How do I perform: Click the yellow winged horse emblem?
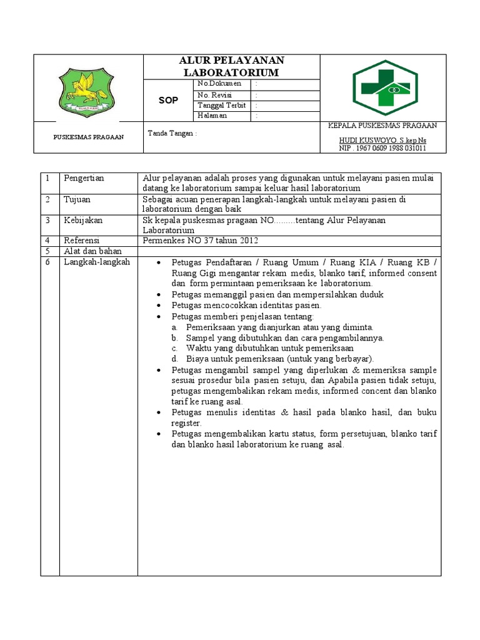click(87, 93)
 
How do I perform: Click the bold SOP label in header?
click(168, 100)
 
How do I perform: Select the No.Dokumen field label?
click(219, 84)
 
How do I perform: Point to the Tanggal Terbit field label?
click(222, 105)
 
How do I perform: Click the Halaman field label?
click(212, 116)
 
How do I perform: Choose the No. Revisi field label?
click(214, 94)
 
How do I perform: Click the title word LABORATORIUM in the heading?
click(231, 73)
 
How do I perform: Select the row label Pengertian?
click(84, 178)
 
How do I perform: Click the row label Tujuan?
click(77, 199)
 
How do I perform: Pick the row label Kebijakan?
click(82, 221)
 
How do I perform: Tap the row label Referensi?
click(82, 241)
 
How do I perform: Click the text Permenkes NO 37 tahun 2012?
click(200, 241)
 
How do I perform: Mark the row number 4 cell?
click(47, 241)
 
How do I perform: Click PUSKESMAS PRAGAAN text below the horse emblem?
click(87, 137)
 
